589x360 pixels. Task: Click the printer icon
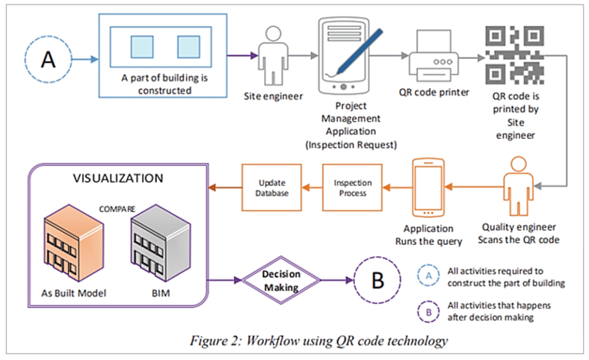tap(436, 61)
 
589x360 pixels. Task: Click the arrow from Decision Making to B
tap(332, 281)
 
